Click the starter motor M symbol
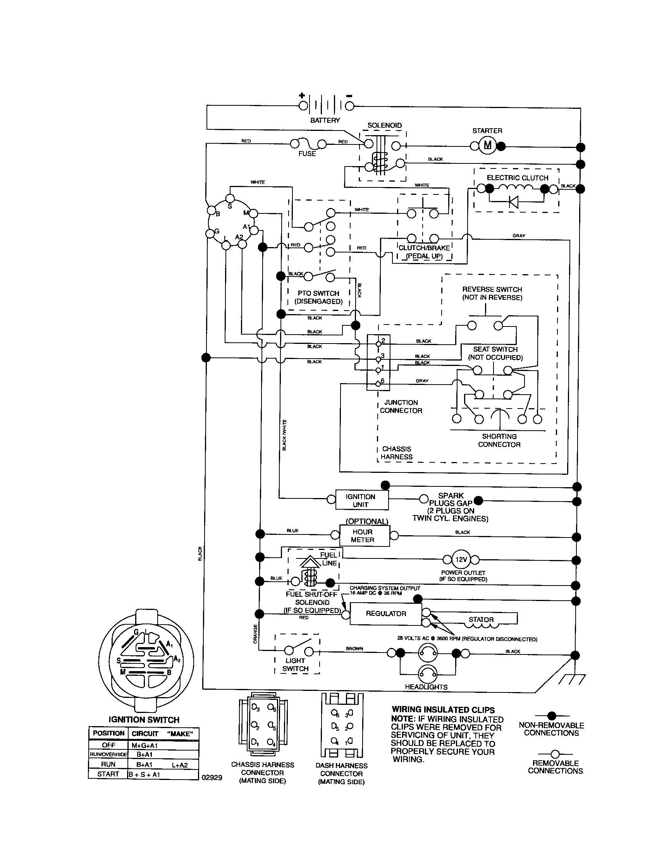point(487,146)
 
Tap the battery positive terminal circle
point(303,105)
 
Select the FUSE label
point(307,154)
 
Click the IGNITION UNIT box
point(362,500)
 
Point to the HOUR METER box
point(365,536)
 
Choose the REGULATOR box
point(385,614)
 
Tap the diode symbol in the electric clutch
point(513,202)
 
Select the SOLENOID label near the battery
point(384,125)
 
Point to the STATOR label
point(481,620)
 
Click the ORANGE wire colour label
point(255,634)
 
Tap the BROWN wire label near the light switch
point(354,649)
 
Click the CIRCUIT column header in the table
point(145,733)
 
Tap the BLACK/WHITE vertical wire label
point(284,435)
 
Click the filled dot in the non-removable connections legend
point(552,715)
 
